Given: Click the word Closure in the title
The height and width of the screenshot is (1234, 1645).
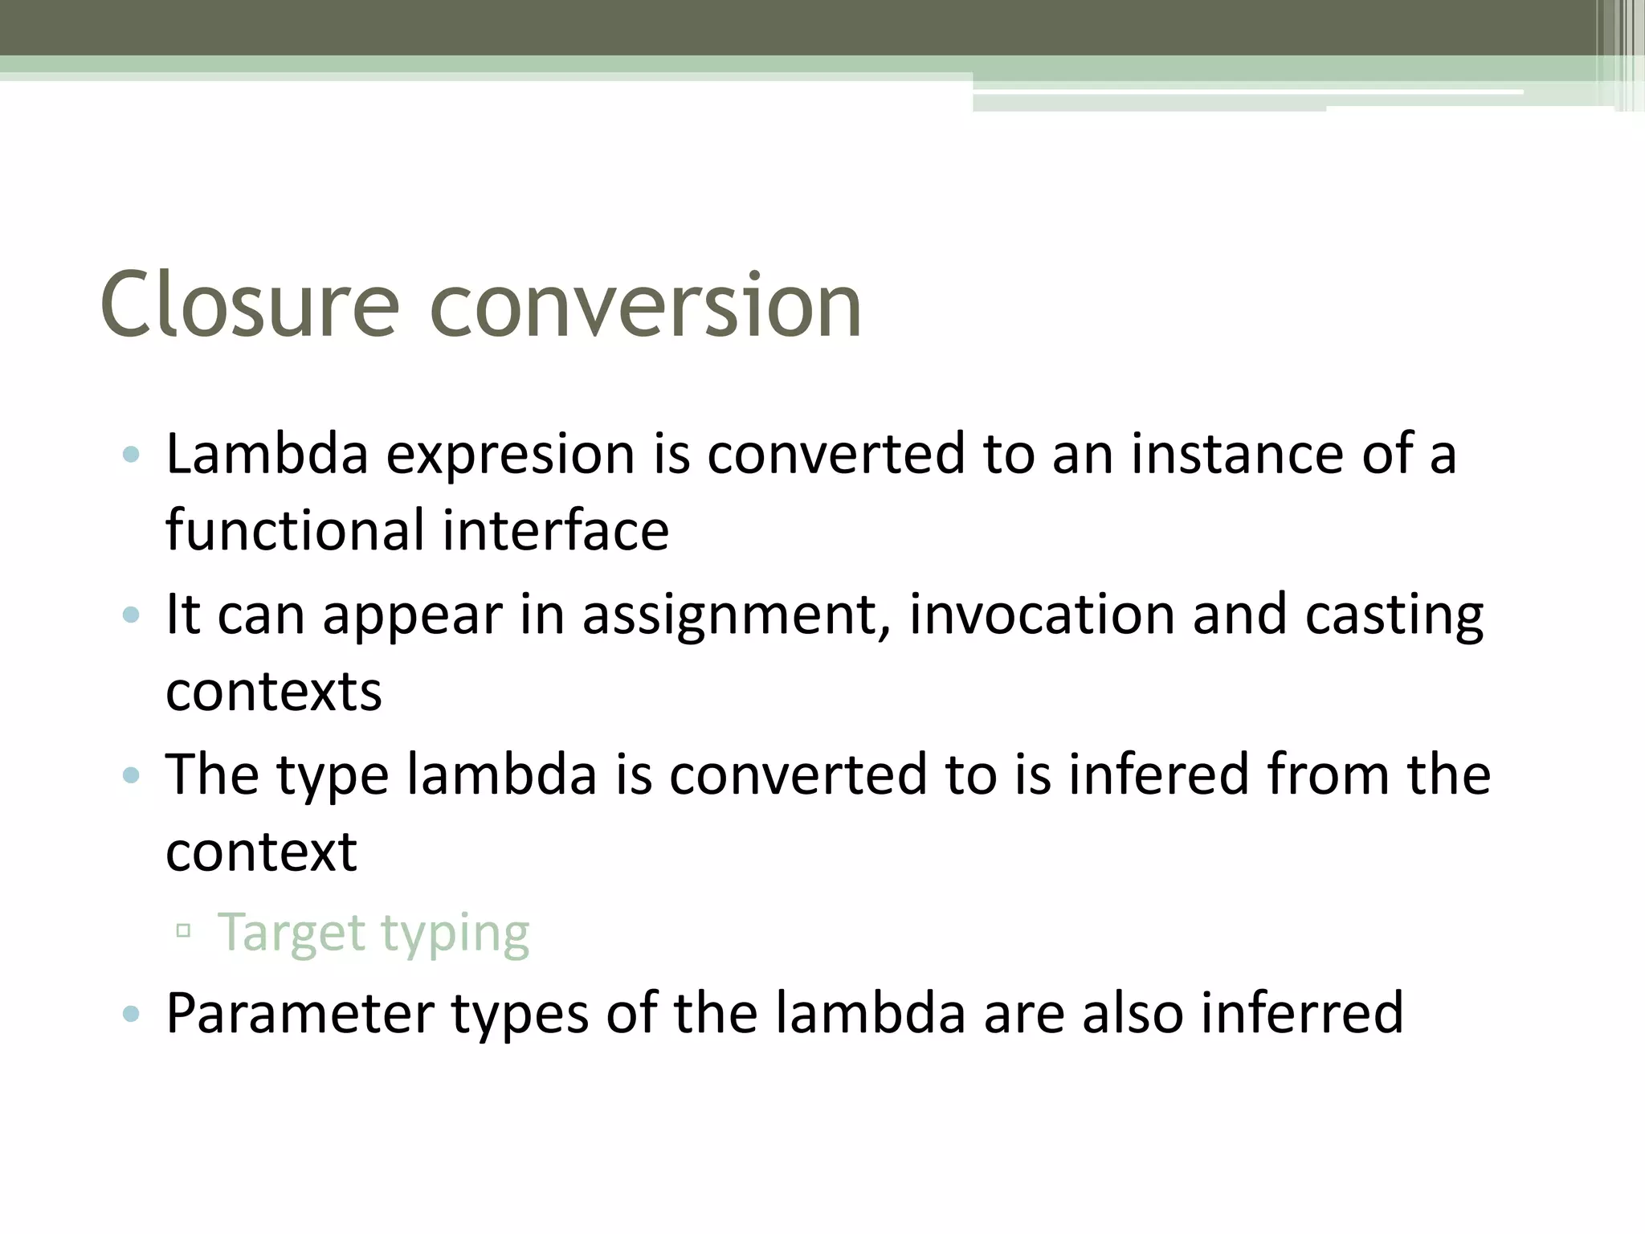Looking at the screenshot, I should tap(250, 305).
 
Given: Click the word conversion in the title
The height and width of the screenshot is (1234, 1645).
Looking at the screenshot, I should tap(646, 305).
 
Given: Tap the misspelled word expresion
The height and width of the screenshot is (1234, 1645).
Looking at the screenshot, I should tap(511, 455).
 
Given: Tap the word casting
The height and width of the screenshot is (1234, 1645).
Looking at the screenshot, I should tap(1394, 615).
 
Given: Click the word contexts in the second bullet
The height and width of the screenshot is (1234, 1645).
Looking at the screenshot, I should tap(273, 692).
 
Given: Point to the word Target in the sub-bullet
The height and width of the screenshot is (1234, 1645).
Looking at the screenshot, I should tap(292, 934).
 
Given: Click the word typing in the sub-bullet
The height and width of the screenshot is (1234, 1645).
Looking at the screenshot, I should tap(455, 934).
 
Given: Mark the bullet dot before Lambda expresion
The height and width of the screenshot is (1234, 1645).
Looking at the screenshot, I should tap(131, 456).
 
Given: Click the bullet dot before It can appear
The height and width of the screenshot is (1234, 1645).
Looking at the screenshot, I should tap(131, 615).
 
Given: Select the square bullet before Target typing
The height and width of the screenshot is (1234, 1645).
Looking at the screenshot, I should tap(183, 931).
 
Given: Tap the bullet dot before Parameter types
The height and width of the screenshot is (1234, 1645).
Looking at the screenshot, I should tap(131, 1014).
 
